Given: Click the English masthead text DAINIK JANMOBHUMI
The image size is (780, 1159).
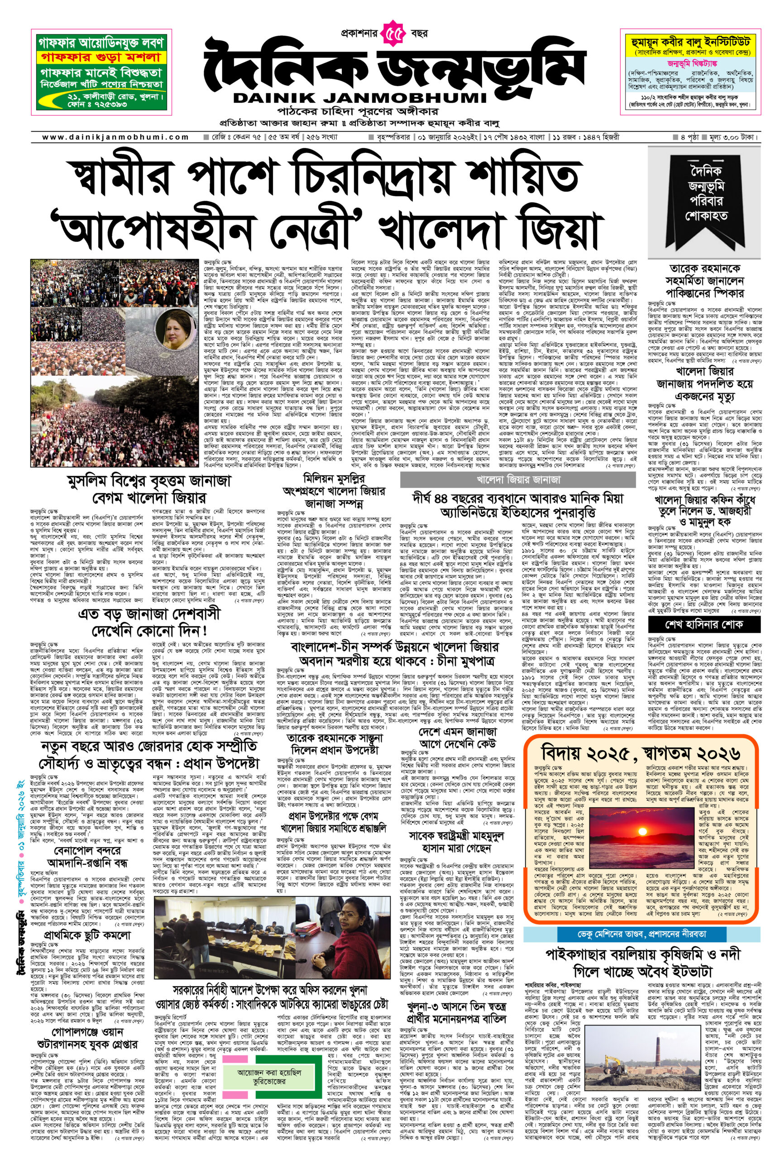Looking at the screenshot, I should pos(359,97).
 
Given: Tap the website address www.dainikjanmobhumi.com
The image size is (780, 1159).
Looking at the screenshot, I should pos(115,137).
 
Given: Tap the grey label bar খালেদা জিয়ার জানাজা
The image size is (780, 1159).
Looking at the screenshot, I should pos(518,480).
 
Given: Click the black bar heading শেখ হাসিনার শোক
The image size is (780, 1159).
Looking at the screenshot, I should pos(704,624).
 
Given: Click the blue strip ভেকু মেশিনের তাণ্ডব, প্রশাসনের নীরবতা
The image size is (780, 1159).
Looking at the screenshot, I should pos(641,933).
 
